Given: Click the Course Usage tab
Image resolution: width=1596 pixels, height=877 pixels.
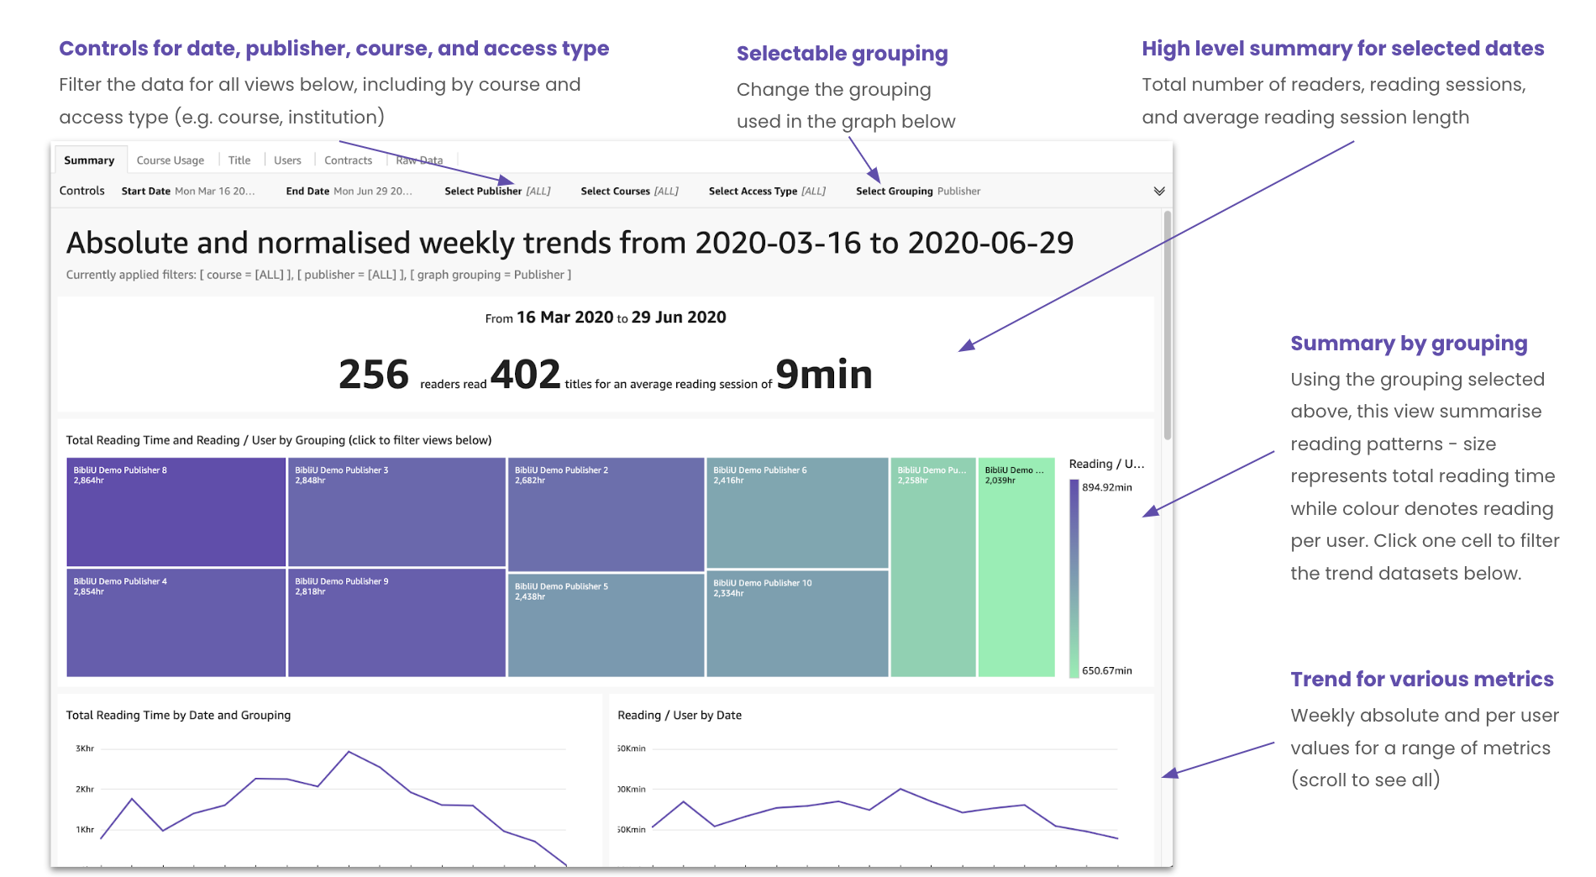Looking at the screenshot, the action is [171, 160].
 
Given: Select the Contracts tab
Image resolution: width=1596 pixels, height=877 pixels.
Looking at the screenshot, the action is [348, 160].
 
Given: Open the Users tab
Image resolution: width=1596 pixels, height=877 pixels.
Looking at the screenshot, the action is [287, 160].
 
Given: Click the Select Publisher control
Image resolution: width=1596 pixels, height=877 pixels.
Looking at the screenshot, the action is [497, 192].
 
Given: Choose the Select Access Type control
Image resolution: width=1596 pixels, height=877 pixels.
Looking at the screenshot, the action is [767, 192].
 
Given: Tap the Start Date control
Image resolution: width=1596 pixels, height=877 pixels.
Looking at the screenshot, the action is [188, 192].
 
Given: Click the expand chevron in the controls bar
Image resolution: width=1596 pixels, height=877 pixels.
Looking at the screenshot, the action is [1159, 192].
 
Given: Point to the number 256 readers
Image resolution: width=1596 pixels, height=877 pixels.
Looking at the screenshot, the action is [374, 375].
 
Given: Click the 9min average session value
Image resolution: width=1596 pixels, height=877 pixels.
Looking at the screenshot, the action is [824, 375].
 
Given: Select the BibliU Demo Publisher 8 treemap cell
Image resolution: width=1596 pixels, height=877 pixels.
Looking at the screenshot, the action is [176, 512].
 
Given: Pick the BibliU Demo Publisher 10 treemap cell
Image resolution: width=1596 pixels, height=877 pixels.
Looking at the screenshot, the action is [797, 623].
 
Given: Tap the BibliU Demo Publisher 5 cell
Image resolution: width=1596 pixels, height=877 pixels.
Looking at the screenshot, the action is [606, 625].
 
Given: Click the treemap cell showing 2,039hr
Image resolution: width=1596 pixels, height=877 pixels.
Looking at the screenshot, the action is [1016, 567].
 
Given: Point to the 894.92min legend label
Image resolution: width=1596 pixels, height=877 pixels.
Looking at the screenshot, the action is [1107, 487].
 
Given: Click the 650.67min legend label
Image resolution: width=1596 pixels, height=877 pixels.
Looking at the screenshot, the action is [1107, 670].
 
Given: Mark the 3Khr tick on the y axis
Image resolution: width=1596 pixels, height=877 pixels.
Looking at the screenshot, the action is [85, 748].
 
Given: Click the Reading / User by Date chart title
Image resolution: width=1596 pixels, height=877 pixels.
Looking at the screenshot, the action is [680, 716].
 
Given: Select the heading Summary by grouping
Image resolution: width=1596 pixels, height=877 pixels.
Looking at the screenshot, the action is [1409, 344].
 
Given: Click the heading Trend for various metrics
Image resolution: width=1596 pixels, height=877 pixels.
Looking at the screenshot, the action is [1422, 680].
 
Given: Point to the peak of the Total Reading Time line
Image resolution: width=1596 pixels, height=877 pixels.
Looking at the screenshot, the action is [349, 751].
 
